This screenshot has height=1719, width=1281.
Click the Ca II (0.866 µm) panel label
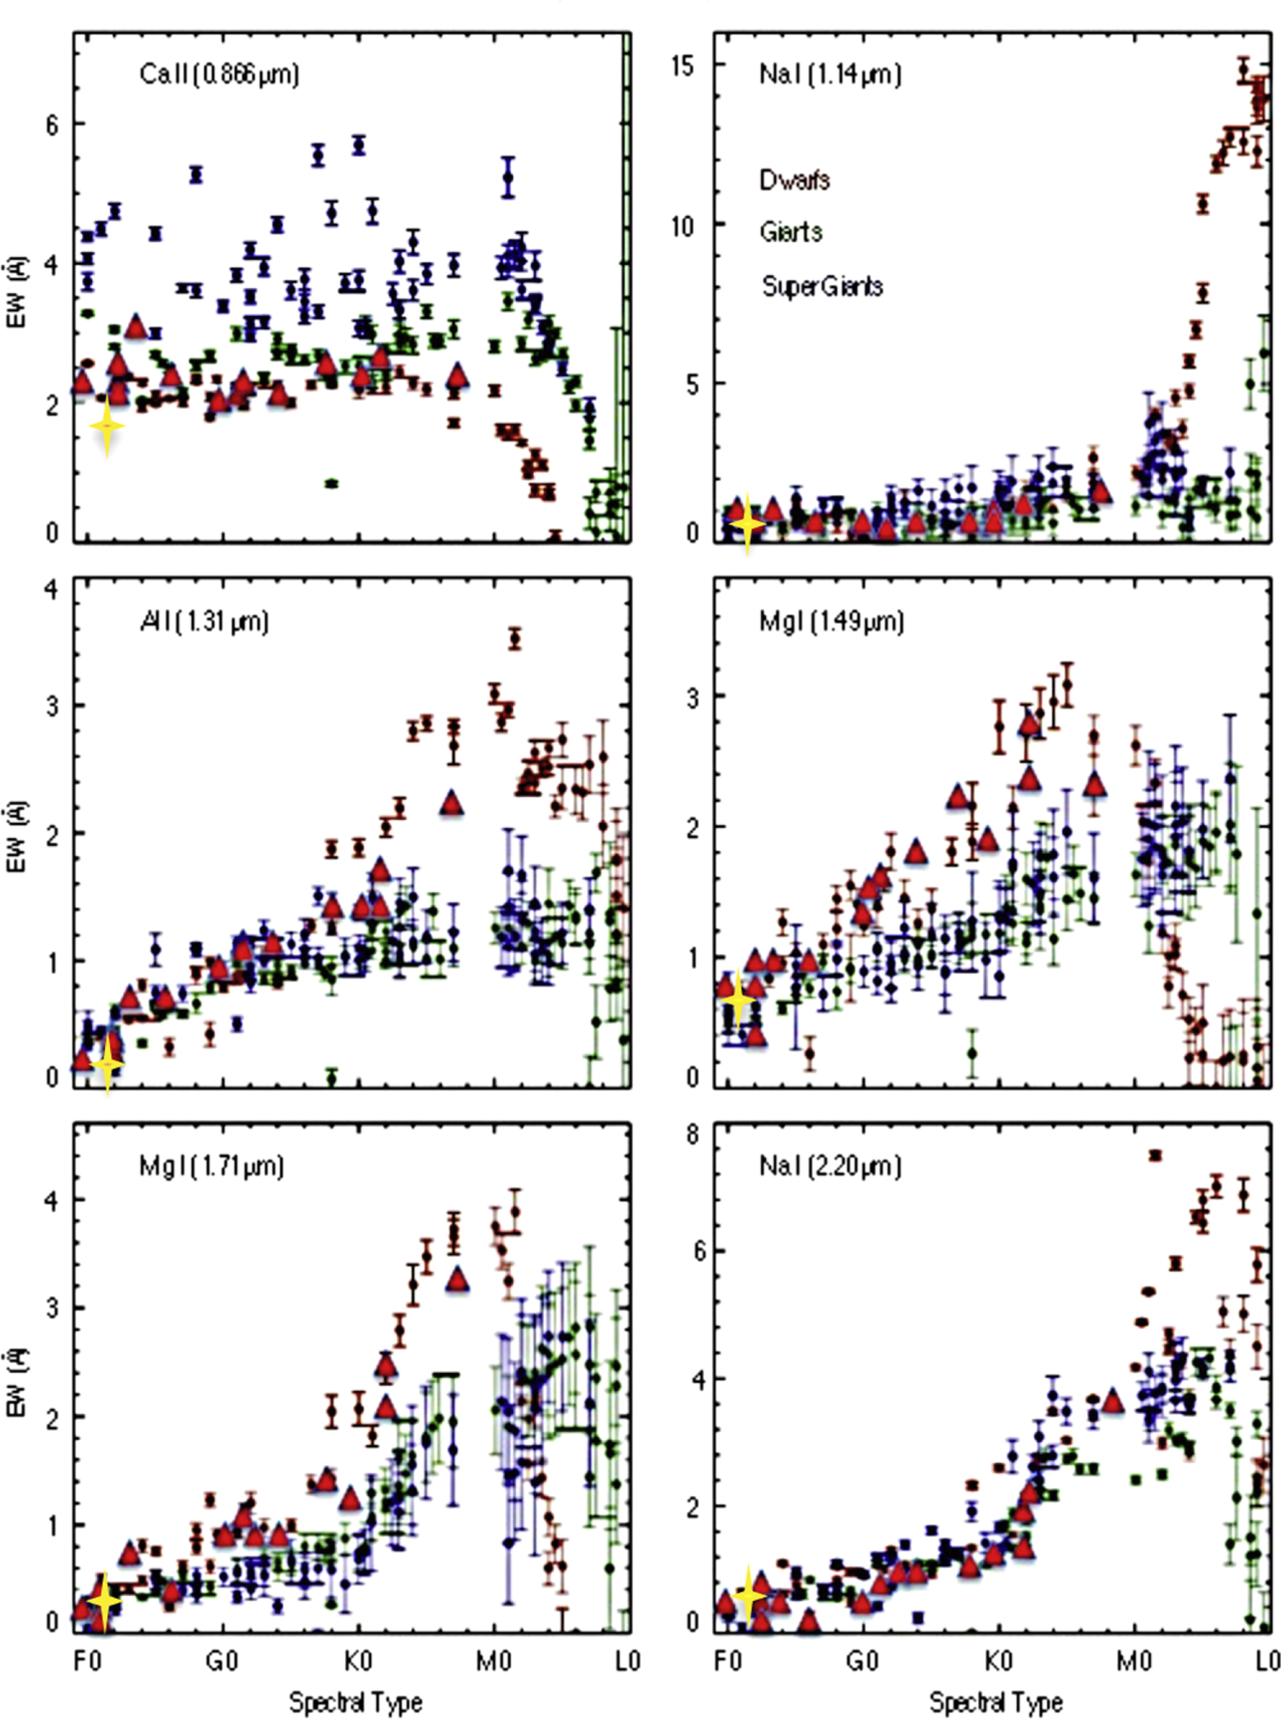tap(219, 75)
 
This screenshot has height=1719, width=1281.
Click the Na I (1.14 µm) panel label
tap(829, 75)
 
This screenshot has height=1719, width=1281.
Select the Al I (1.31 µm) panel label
tap(204, 621)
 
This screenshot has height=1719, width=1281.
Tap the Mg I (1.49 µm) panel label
tap(830, 621)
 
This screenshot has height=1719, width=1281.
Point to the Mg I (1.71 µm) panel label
tap(210, 1166)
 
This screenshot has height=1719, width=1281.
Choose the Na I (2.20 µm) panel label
tap(829, 1166)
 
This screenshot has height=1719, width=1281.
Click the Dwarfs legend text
tap(794, 180)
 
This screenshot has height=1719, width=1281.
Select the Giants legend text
tap(791, 232)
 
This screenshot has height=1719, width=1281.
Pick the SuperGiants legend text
tap(822, 286)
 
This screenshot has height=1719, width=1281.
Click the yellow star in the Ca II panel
tap(107, 427)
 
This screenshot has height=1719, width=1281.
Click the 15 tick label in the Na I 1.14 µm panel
tap(682, 66)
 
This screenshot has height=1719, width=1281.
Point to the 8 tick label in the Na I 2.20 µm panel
tap(692, 1135)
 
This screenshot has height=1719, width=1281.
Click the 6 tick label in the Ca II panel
tap(53, 126)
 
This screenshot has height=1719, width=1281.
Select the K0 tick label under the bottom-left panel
tap(358, 1661)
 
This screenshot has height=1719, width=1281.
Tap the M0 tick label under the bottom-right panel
tap(1134, 1661)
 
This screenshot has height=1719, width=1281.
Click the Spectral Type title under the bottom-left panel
tap(355, 1701)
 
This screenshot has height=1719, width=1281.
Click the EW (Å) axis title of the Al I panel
tap(16, 837)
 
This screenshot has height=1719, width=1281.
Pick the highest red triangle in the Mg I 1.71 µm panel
tap(458, 1279)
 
